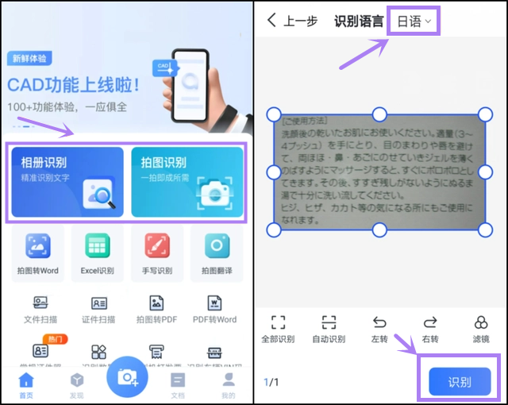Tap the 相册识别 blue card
point(67,182)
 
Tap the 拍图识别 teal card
point(187,182)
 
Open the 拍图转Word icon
point(38,247)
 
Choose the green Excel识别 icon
point(98,247)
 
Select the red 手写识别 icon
point(156,247)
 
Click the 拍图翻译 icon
point(216,247)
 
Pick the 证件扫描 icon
point(98,303)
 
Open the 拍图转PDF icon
point(156,303)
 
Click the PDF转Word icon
point(215,303)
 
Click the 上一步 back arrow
point(272,21)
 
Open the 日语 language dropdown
point(413,21)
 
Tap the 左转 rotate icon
point(379,322)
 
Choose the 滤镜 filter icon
point(481,322)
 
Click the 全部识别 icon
point(278,322)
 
